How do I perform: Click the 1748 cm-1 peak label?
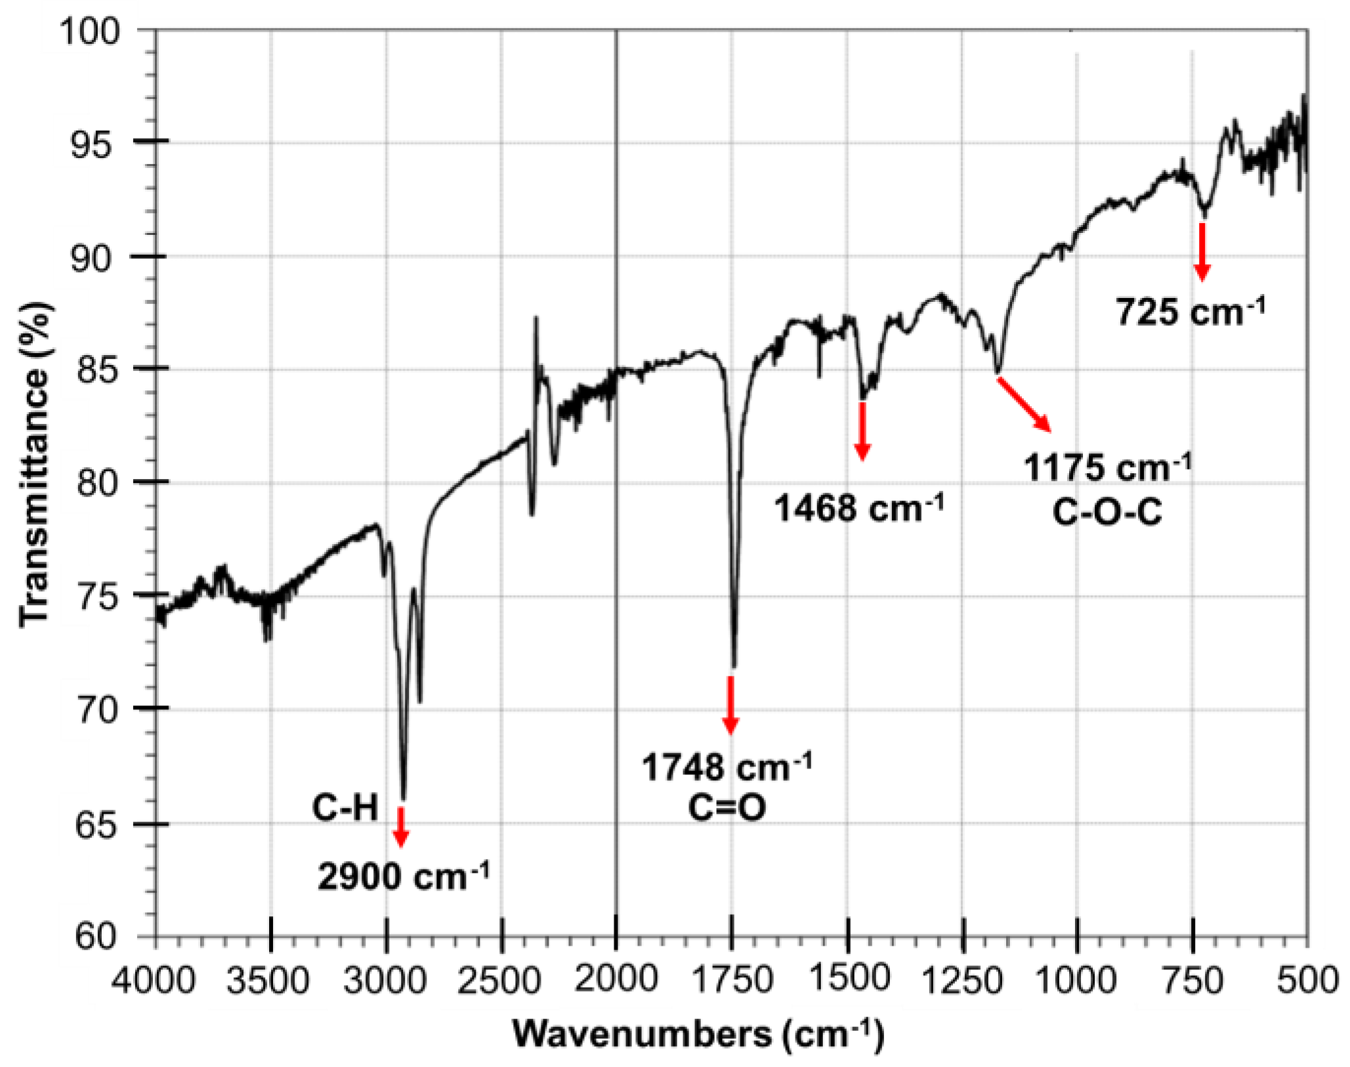coord(727,766)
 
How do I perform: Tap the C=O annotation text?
coord(727,807)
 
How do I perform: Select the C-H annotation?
coord(345,808)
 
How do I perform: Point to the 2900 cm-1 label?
coord(403,876)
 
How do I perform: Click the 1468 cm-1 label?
coord(859,508)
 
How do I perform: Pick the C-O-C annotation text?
coord(1107,513)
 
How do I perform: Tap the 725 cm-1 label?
coord(1191,311)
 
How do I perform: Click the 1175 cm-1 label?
coord(1107,469)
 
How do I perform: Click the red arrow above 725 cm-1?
coord(1202,252)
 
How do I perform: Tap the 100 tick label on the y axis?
coord(91,31)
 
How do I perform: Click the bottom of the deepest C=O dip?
coord(734,665)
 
